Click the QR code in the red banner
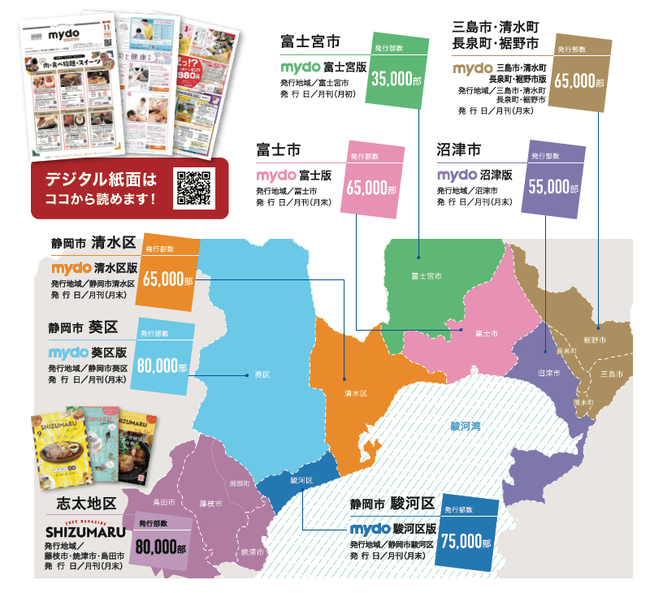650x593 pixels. pos(193,188)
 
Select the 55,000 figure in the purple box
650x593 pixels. pos(549,186)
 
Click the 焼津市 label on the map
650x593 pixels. pos(253,552)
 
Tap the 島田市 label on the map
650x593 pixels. pos(164,503)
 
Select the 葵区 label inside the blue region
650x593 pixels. pos(261,374)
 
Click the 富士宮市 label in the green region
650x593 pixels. pos(426,276)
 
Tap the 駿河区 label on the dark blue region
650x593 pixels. pos(301,480)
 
